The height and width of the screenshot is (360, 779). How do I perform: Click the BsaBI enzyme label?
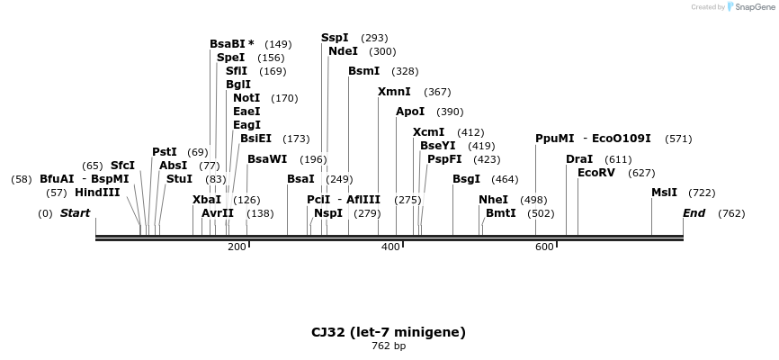pos(228,44)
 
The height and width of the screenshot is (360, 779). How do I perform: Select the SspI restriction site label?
pos(335,38)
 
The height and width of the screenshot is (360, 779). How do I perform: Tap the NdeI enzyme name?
pos(343,51)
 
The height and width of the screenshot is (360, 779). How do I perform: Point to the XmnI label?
pos(394,92)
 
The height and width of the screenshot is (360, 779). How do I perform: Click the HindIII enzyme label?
pos(97,193)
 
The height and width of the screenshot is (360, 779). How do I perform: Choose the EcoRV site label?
pos(596,173)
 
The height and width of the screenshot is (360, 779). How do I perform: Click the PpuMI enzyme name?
pos(554,139)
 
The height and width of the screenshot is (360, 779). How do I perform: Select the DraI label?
pos(579,159)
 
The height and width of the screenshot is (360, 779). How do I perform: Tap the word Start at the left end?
pos(75,213)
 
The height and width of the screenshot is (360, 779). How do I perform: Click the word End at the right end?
pos(694,213)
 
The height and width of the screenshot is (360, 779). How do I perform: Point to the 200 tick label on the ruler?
pos(237,247)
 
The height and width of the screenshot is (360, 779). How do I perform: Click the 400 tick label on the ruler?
pos(390,247)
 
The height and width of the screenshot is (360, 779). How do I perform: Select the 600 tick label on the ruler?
pos(544,247)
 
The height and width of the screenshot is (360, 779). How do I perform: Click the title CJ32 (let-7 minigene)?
pos(389,332)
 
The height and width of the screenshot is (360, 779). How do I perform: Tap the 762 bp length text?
pos(389,346)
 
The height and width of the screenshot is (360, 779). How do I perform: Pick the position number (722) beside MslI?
pos(702,193)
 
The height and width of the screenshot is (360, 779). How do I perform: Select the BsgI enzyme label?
pos(466,179)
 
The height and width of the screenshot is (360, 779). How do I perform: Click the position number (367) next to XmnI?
pos(437,92)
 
